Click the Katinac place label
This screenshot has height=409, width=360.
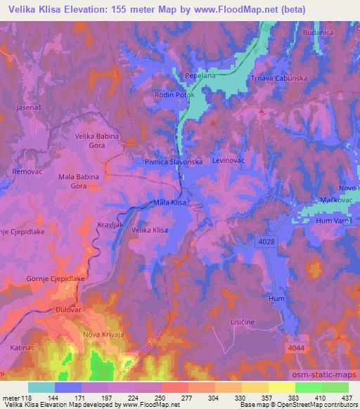(x=22, y=347)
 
